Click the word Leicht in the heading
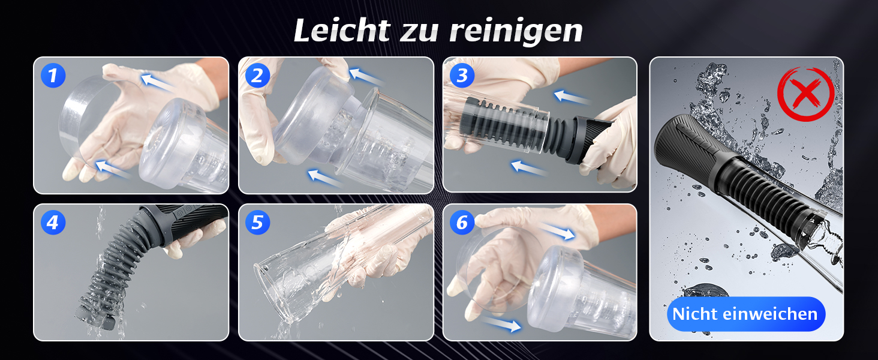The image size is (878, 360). (x=342, y=30)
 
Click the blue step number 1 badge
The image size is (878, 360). (x=53, y=75)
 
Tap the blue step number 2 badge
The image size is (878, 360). (x=257, y=75)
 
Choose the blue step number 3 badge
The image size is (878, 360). (x=462, y=75)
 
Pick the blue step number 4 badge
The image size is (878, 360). (x=53, y=223)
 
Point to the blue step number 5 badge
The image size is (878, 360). (x=257, y=223)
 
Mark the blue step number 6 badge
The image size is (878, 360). (x=462, y=223)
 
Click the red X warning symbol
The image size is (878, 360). (x=805, y=94)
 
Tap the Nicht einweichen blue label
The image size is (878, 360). (x=745, y=314)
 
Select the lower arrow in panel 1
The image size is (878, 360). (x=113, y=169)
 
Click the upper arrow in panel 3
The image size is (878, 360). (x=571, y=97)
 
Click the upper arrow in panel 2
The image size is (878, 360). (x=365, y=76)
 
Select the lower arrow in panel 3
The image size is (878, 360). (x=529, y=168)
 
